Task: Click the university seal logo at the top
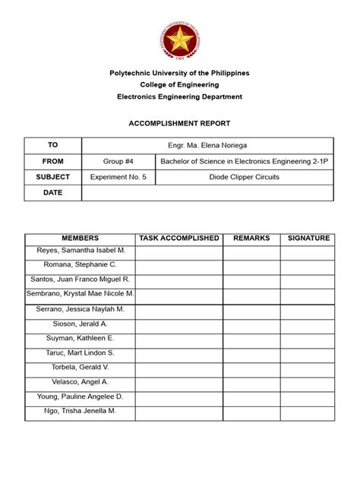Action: [179, 41]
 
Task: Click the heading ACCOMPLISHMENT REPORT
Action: [179, 123]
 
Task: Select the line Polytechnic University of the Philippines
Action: [179, 73]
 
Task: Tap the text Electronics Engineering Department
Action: [179, 97]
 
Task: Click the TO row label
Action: [52, 144]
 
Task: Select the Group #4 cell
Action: [118, 161]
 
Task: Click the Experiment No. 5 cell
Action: [118, 177]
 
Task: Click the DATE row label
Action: [52, 193]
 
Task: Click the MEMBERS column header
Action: [80, 238]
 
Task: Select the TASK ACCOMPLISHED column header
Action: [179, 238]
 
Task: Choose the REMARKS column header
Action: [251, 238]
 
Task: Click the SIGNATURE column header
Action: [308, 238]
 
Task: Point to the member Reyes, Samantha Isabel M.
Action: [80, 250]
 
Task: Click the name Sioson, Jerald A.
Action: [80, 324]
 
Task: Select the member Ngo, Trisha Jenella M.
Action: [80, 411]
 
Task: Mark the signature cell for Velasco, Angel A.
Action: [308, 382]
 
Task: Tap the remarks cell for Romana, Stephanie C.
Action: [251, 265]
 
